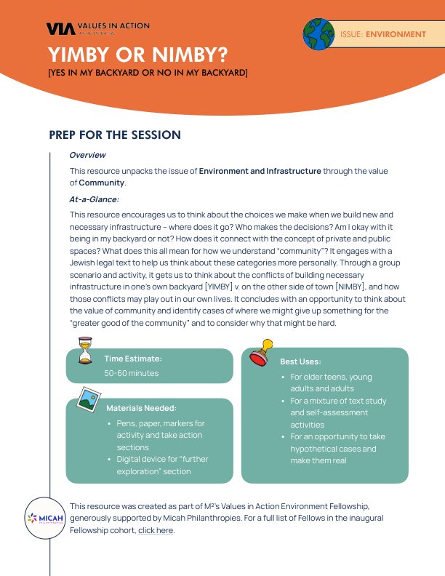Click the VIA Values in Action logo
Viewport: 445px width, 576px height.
click(97, 28)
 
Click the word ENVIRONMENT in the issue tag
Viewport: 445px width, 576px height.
click(396, 34)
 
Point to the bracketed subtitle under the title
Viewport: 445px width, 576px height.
click(148, 73)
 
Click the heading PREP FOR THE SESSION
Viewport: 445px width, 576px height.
click(114, 135)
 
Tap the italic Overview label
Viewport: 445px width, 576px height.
click(87, 155)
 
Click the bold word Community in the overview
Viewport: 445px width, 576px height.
click(101, 182)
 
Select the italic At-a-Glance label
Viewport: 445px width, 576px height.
click(94, 199)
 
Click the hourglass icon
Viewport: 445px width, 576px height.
click(86, 348)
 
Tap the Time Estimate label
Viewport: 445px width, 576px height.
click(133, 359)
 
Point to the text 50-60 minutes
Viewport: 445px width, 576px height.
click(132, 373)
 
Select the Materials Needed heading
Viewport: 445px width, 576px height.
click(141, 408)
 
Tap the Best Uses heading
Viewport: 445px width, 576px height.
click(300, 361)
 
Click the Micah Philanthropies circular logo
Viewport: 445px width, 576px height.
click(44, 519)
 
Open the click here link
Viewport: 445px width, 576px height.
click(156, 530)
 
